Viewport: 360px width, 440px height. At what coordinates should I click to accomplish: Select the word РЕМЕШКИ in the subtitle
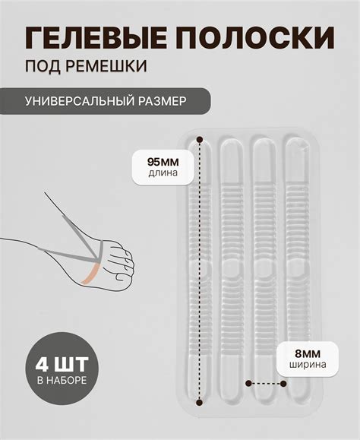coord(107,67)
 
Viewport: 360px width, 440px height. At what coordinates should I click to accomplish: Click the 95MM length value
coord(163,160)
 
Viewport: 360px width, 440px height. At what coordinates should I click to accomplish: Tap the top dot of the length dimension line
coord(200,140)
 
